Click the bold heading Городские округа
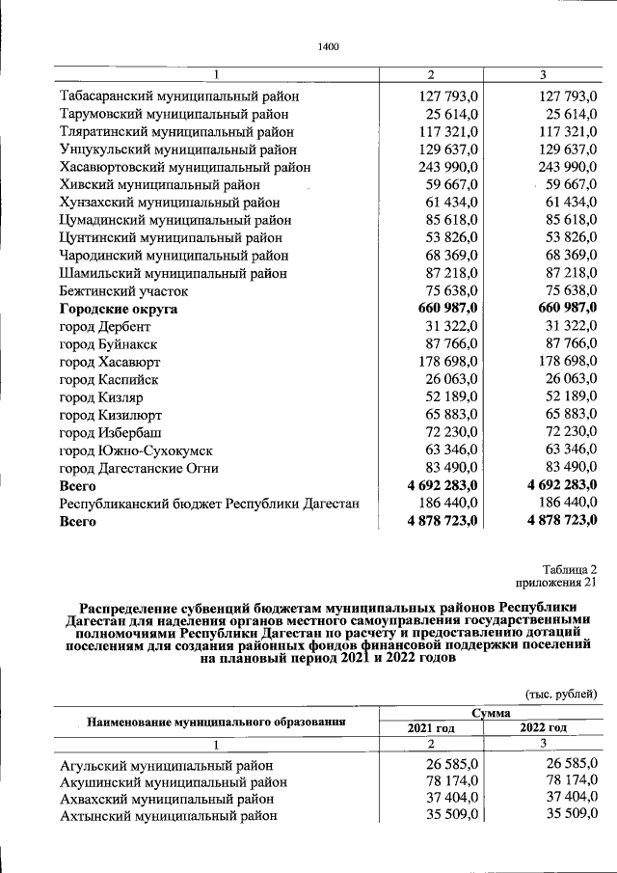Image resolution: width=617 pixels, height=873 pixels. [119, 309]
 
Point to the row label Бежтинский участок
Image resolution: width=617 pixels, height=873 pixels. [123, 291]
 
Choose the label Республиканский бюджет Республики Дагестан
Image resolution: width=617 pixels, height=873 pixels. [209, 504]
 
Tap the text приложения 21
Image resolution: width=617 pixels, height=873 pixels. [558, 583]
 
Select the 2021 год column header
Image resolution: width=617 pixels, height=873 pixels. [432, 727]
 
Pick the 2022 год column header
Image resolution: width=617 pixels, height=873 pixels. [544, 727]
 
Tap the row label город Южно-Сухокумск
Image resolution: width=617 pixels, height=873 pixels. [135, 450]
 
